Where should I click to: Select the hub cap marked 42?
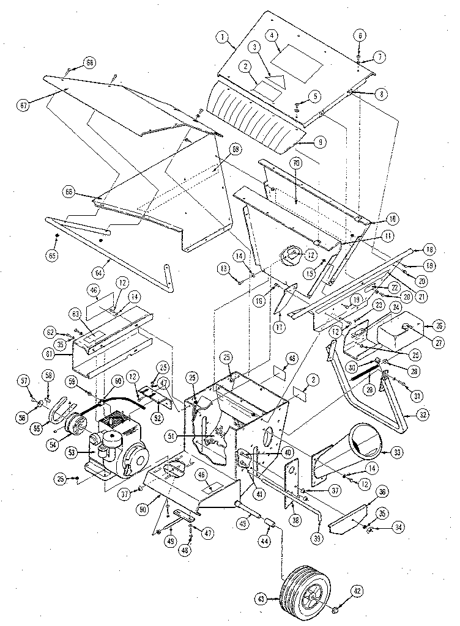338,610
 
